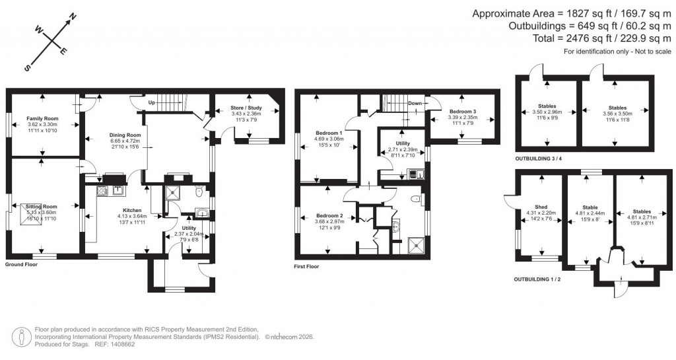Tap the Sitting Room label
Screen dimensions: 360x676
[42, 206]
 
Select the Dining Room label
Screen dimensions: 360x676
[124, 135]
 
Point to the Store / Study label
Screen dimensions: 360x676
[246, 108]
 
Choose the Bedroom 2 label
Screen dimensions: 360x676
[329, 216]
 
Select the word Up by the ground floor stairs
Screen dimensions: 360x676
[152, 103]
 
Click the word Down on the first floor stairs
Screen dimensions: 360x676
[415, 103]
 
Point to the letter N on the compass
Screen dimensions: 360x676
[73, 15]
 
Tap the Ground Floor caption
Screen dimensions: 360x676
[21, 264]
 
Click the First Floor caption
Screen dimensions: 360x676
[306, 267]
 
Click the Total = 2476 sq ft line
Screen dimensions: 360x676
[574, 38]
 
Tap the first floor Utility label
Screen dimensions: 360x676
[402, 143]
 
